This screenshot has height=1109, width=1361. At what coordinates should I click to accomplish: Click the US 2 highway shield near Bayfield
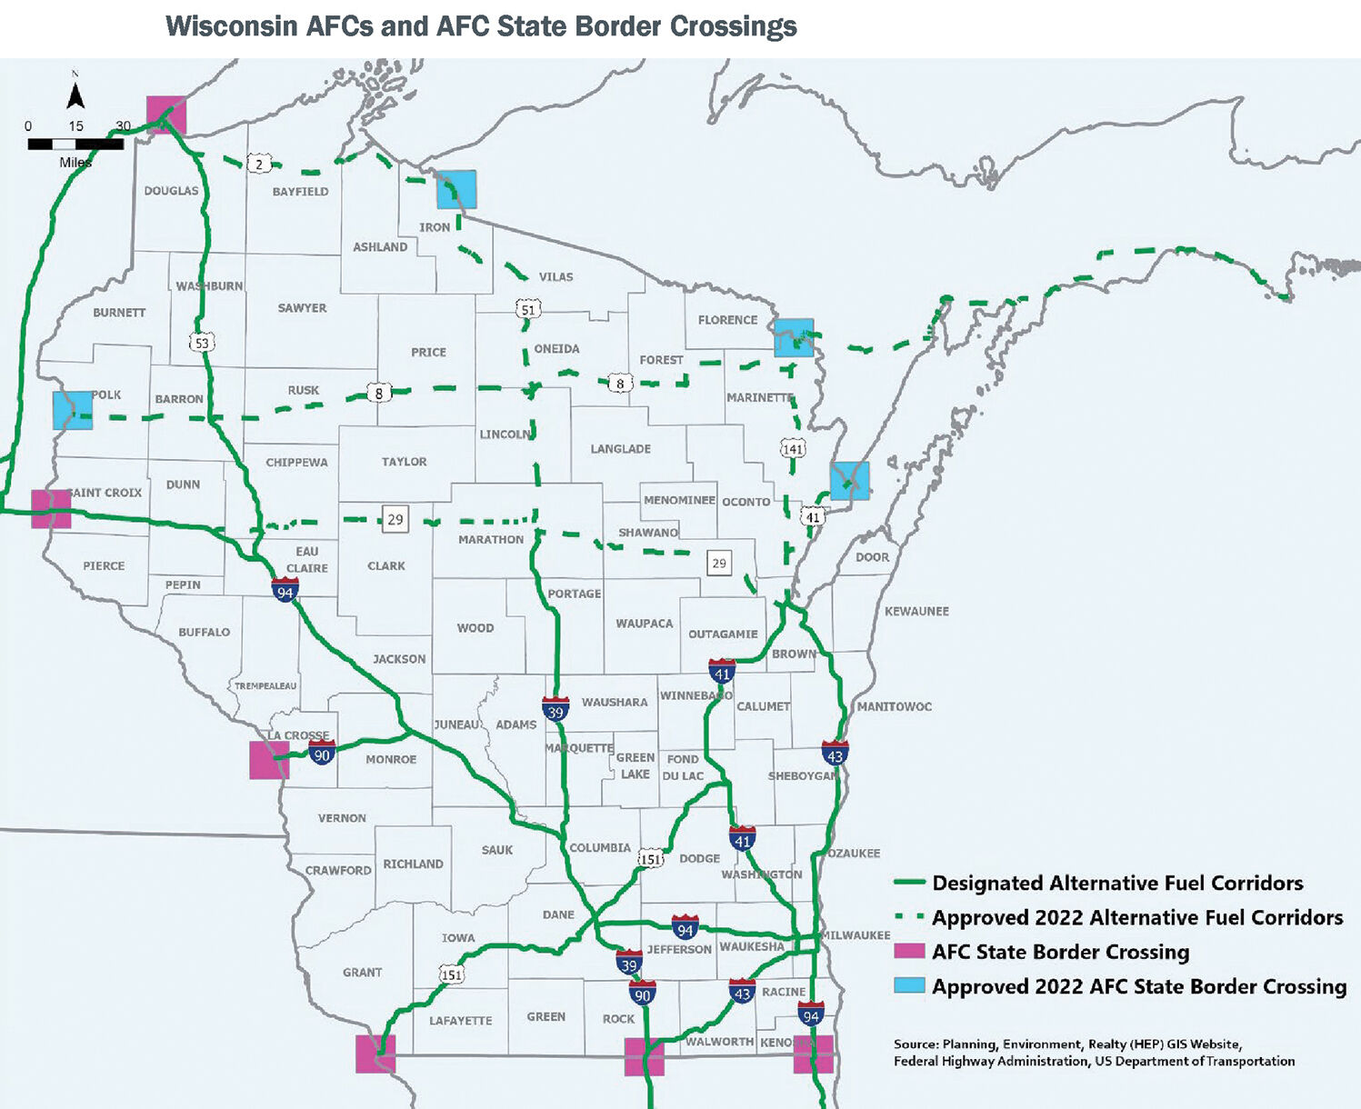tap(260, 165)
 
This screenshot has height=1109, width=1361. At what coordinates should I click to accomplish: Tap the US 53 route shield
tap(202, 343)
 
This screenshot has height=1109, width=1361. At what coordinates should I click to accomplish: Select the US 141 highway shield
tap(793, 448)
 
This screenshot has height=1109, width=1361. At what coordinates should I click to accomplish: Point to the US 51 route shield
tap(528, 309)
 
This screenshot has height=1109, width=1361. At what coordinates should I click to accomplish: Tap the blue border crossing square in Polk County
tap(73, 410)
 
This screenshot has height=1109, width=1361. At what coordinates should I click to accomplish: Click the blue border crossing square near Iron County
tap(456, 190)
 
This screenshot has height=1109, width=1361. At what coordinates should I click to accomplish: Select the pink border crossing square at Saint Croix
tap(51, 509)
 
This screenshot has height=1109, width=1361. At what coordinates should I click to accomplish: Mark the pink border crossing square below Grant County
tap(375, 1054)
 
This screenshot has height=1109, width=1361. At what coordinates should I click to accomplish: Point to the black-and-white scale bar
tap(75, 144)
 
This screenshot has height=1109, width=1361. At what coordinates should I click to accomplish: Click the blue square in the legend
tap(909, 986)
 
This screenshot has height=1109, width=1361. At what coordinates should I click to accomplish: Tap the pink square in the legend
tap(909, 952)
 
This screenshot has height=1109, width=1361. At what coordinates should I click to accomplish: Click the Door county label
tap(872, 557)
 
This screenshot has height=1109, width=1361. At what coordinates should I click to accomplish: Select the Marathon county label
tap(491, 539)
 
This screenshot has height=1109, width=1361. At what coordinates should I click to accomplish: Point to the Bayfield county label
tap(300, 192)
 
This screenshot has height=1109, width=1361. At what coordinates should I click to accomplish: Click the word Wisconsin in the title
tap(232, 26)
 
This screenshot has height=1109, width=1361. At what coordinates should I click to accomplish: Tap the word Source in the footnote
tap(916, 1044)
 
